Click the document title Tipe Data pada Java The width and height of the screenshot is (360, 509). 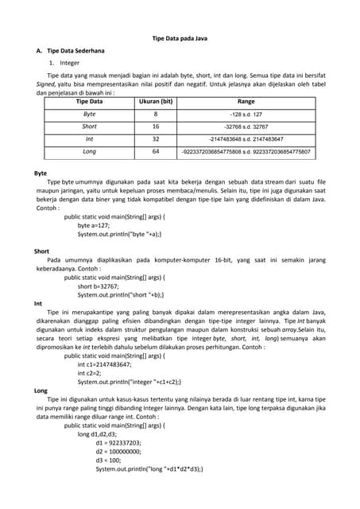point(180,38)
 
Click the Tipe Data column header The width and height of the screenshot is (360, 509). point(89,102)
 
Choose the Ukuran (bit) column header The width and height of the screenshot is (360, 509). point(156,102)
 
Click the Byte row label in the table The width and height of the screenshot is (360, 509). point(89,115)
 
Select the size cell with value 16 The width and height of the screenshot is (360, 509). point(156,126)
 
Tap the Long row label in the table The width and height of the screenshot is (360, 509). point(89,151)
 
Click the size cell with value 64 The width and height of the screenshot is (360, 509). point(156,151)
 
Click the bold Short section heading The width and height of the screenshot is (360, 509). point(42,251)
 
